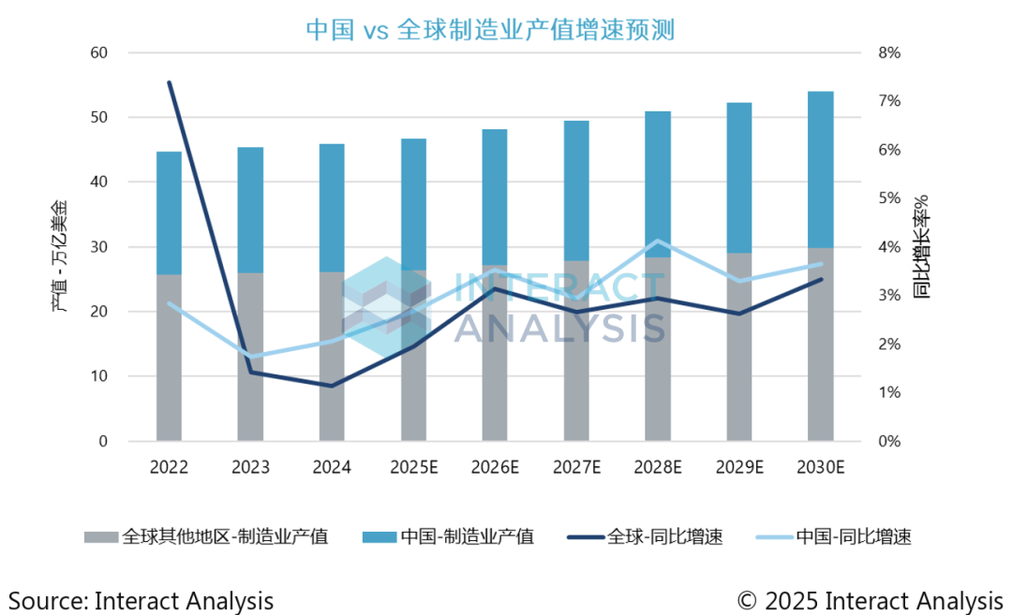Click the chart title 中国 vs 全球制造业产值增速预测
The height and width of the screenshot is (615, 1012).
(491, 29)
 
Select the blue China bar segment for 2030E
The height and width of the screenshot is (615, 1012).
(821, 168)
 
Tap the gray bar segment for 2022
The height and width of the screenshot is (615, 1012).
(169, 356)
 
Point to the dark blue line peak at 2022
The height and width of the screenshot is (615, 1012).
(170, 82)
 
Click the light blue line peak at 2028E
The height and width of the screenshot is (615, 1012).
(658, 242)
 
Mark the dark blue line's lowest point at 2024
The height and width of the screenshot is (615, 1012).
(332, 386)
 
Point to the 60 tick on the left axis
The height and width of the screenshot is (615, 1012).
(97, 53)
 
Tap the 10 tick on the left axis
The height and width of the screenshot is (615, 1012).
(97, 376)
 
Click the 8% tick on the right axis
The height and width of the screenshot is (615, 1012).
(887, 53)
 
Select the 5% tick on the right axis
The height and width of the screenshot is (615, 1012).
(887, 198)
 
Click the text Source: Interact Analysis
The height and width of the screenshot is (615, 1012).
(141, 599)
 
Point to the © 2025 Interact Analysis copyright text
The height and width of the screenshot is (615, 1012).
(870, 599)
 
